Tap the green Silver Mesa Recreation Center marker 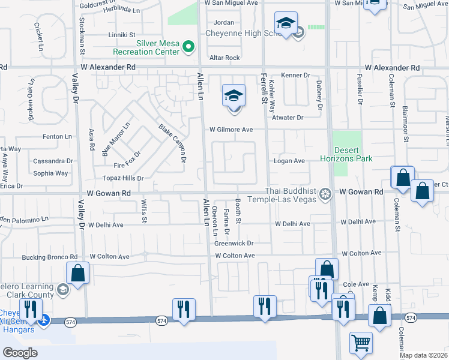188,46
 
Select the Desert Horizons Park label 353,154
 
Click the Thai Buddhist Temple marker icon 325,193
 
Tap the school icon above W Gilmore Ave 234,95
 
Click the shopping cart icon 361,343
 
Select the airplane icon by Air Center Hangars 43,320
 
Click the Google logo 20,353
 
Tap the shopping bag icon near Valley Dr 78,273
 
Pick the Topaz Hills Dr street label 123,178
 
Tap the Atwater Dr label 288,118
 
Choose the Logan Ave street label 290,161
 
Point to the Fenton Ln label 57,137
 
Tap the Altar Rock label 224,58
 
